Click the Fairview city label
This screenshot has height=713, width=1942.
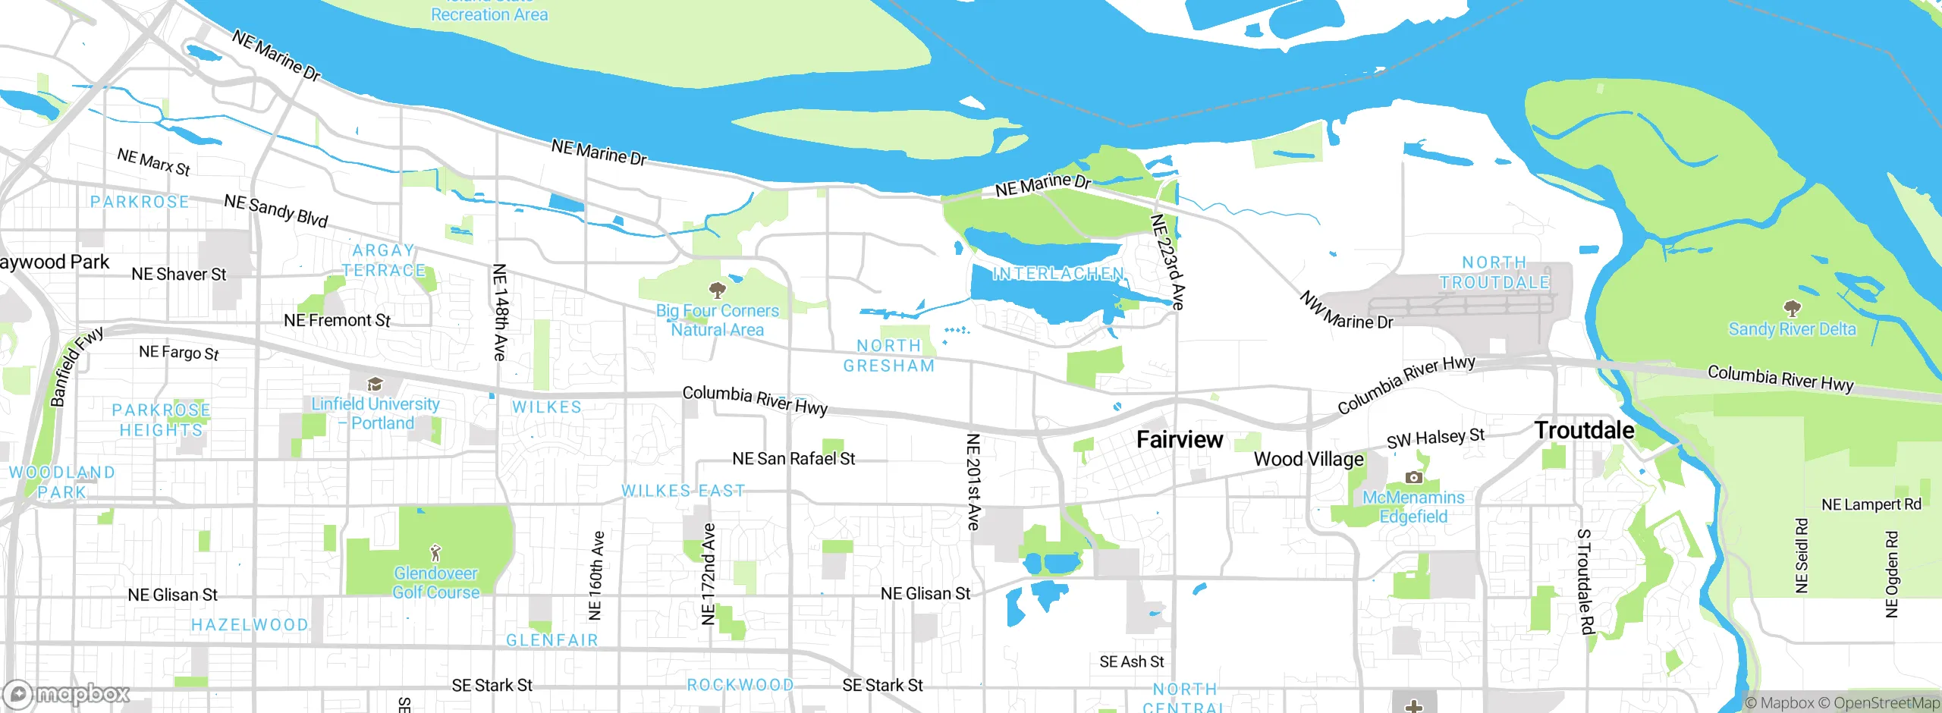1180,439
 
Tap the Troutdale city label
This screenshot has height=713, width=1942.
1584,430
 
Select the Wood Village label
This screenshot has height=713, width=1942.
1309,459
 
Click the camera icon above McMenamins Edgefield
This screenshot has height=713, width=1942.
1413,477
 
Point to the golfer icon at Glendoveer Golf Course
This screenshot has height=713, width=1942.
435,553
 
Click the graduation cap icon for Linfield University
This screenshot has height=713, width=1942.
375,384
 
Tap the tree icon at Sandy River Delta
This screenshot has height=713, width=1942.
1792,308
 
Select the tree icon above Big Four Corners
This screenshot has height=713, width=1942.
717,290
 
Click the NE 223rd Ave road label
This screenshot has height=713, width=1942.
1167,262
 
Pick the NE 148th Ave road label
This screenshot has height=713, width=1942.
499,312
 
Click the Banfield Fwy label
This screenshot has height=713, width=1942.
77,367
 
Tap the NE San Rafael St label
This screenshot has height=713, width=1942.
793,459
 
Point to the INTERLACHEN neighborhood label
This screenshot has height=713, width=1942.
1058,274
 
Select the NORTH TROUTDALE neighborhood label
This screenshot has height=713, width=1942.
1494,272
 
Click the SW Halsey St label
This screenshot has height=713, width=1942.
1435,438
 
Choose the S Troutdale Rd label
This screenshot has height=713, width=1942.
1585,582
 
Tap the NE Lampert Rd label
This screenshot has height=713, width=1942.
1871,504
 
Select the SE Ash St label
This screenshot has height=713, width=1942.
1131,662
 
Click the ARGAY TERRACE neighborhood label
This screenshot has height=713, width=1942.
384,260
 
